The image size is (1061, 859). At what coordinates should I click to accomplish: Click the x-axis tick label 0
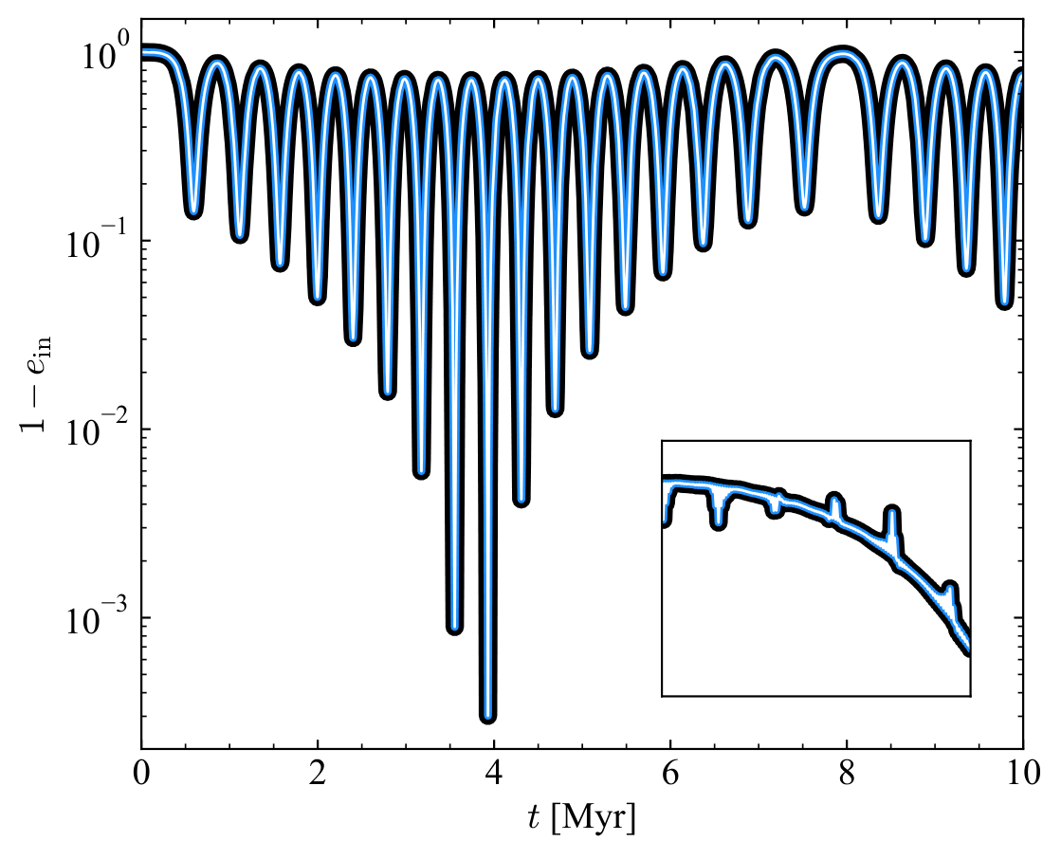[x=141, y=773]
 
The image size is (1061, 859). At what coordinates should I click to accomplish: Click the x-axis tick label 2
[x=318, y=773]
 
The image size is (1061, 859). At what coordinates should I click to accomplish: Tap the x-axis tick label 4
[x=494, y=773]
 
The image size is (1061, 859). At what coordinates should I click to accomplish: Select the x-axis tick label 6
[x=670, y=773]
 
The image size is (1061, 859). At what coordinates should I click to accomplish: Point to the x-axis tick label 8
[x=847, y=773]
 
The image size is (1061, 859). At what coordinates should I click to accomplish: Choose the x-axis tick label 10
[x=1022, y=773]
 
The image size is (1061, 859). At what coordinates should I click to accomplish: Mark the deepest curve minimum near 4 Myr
[x=488, y=716]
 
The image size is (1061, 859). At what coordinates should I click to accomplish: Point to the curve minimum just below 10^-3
[x=455, y=627]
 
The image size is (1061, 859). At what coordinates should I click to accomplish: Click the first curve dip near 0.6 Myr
[x=193, y=211]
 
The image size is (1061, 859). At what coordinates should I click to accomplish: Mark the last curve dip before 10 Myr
[x=1006, y=302]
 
